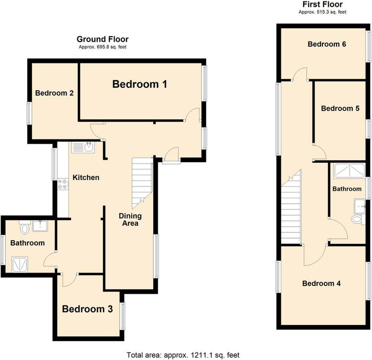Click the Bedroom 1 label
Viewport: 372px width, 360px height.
(139, 84)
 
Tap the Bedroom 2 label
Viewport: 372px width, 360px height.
(55, 93)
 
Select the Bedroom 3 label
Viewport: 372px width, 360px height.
(87, 309)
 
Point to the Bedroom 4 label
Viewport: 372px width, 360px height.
(321, 284)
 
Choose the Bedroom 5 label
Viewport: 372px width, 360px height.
(340, 109)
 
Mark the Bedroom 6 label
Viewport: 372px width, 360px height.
(327, 44)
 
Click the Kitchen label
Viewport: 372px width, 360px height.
(86, 178)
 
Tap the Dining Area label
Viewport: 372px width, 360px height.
(130, 219)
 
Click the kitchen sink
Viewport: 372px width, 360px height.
(83, 147)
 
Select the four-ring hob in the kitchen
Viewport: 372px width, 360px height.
(63, 184)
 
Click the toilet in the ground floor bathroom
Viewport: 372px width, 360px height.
(25, 227)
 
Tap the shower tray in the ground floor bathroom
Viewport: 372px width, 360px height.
(20, 264)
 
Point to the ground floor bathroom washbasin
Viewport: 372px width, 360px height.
(40, 226)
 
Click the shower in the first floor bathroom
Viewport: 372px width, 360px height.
(349, 171)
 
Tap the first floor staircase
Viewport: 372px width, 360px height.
(291, 207)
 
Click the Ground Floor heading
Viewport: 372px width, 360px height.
(103, 39)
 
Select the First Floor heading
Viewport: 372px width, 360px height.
(322, 4)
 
